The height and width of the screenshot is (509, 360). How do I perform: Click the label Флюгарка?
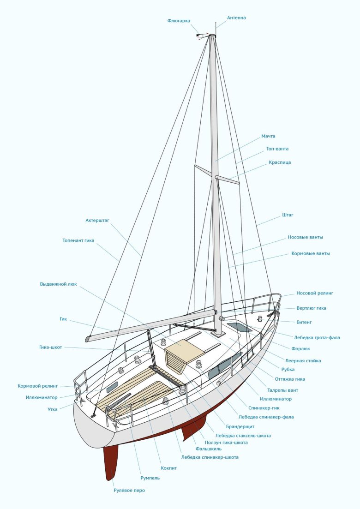pos(179,21)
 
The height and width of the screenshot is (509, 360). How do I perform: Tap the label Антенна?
pos(236,18)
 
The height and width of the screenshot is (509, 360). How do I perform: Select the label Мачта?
pos(268,136)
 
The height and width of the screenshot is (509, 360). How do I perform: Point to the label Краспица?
pos(280,162)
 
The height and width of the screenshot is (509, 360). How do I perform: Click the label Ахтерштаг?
pos(97,220)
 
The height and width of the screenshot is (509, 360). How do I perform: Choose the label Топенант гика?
pos(78,240)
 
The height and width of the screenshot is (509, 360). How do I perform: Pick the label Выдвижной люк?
pos(59,284)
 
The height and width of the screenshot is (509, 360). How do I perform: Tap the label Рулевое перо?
pos(129,490)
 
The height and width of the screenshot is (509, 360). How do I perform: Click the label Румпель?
pos(150,478)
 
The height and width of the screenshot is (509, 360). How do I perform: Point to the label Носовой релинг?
pos(315,293)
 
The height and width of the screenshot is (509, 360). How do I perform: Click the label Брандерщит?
pos(240,426)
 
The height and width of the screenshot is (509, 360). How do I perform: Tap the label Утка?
pos(53,409)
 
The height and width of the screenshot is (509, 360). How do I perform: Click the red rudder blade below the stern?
pos(111,461)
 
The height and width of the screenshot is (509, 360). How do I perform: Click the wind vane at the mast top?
pos(201,35)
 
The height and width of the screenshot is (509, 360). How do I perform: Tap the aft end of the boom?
pos(89,338)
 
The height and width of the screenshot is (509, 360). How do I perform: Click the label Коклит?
pos(169,468)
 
